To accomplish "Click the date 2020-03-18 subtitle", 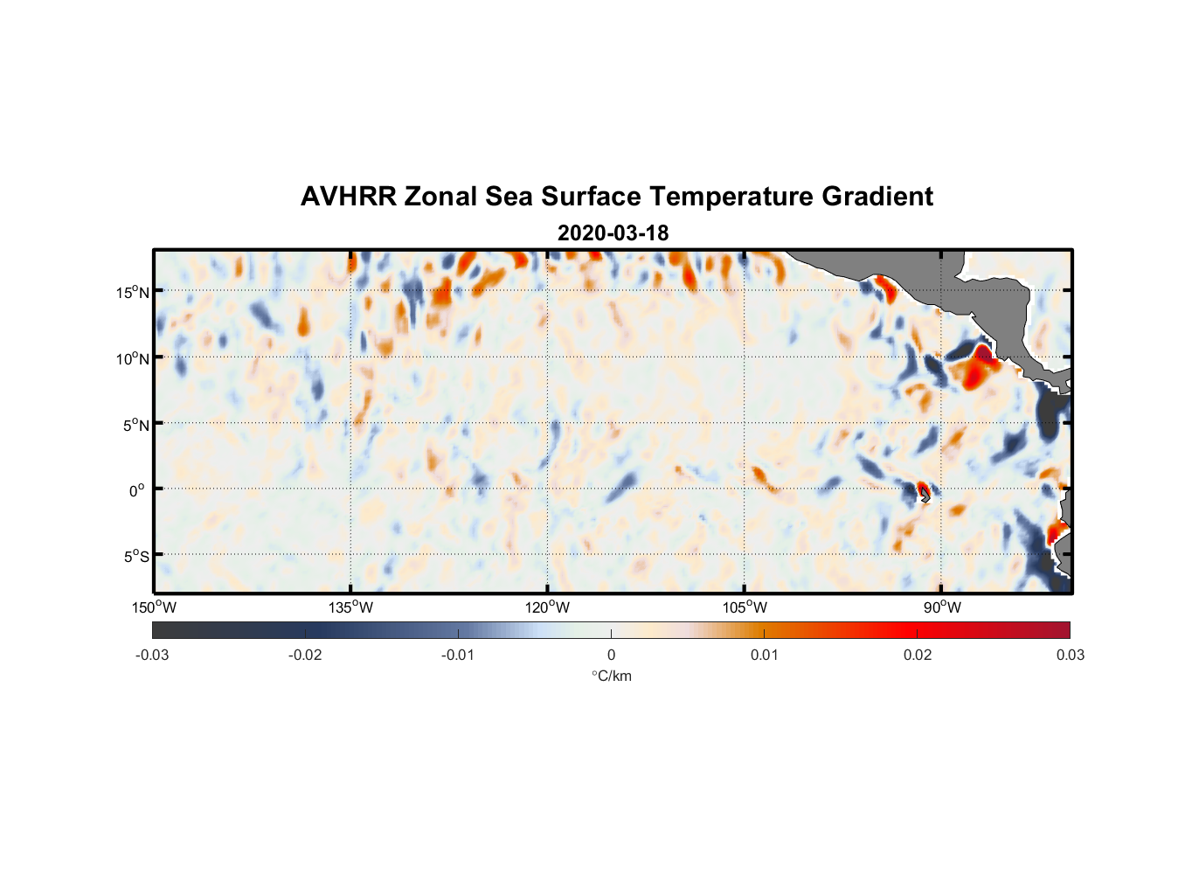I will (x=613, y=233).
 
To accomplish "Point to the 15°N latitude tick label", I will (x=133, y=292).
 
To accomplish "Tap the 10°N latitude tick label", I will (x=133, y=358).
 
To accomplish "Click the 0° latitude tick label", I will (x=136, y=490).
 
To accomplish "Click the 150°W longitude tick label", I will (x=154, y=607).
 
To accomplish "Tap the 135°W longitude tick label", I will (x=351, y=607).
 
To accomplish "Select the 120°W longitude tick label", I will (x=548, y=607).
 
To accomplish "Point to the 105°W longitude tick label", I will (x=745, y=607).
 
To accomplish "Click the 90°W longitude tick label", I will (x=942, y=607).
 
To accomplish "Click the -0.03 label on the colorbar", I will (x=152, y=655).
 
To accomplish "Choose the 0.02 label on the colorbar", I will (x=918, y=655).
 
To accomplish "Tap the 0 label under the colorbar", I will (x=611, y=655).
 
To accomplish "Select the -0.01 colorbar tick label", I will (x=458, y=655).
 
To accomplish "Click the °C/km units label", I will (x=612, y=676).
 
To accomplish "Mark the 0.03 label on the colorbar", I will (x=1070, y=655).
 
